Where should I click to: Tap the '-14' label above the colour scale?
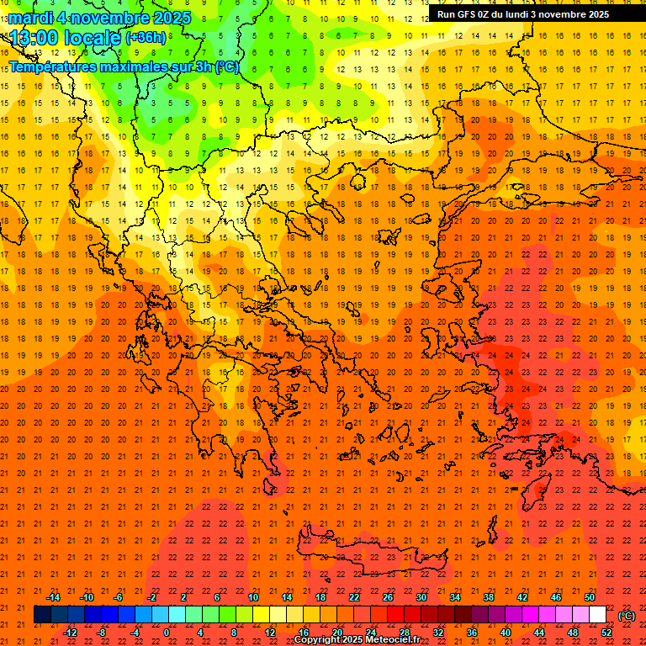[x=53, y=597]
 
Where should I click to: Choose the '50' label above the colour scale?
[x=590, y=597]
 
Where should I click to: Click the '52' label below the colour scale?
[x=606, y=633]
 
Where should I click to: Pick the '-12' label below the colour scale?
[x=70, y=633]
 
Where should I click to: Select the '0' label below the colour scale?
[x=167, y=633]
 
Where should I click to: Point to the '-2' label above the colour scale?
[x=151, y=597]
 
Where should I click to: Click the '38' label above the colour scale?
[x=488, y=597]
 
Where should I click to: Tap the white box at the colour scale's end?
[x=597, y=615]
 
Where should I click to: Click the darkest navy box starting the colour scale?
[x=42, y=615]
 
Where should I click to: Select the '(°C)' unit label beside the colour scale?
[x=626, y=616]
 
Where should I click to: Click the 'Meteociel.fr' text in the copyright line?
[x=393, y=640]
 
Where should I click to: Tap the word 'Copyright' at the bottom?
[x=317, y=640]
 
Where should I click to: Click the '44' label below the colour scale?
[x=538, y=633]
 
